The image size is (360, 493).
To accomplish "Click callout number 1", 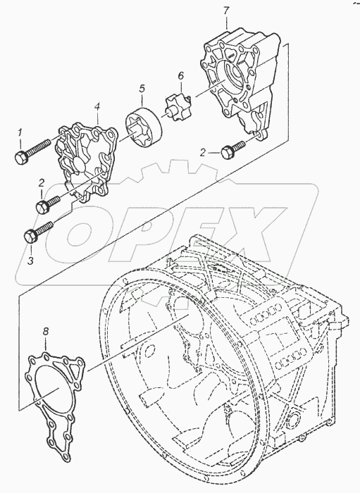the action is point(20,135).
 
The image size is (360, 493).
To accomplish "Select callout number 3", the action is point(30,261).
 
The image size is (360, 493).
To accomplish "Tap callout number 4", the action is point(97,108).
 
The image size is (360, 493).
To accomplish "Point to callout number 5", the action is point(142,89).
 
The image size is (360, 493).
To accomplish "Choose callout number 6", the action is point(180,76).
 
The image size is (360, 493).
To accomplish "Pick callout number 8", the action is point(46,332).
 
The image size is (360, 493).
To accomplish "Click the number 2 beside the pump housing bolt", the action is point(203,153).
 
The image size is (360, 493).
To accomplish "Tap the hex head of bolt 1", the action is point(22,157).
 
